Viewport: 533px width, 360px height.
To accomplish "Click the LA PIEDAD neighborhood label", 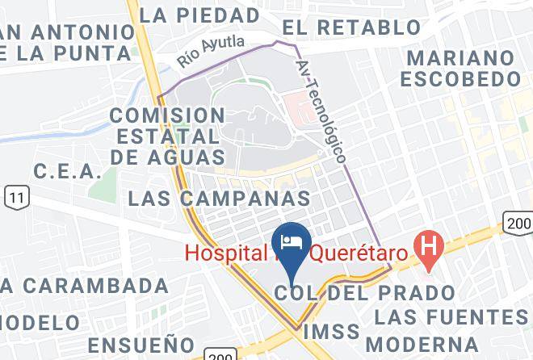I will coord(199,15).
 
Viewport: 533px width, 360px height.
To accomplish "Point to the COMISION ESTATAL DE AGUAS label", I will coord(166,135).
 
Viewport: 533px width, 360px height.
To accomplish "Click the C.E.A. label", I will coord(68,172).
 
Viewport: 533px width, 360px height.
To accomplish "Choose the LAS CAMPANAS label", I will coord(220,198).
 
